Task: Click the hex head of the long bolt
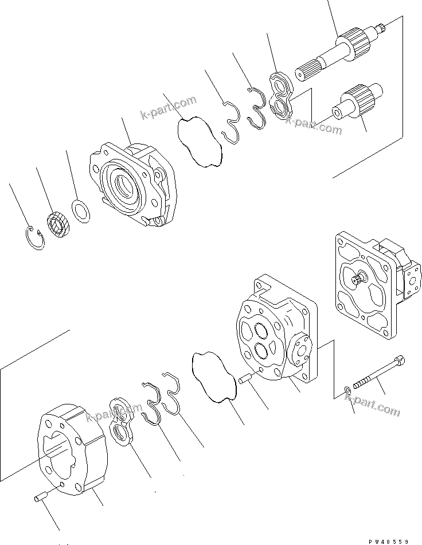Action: [x=401, y=361]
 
